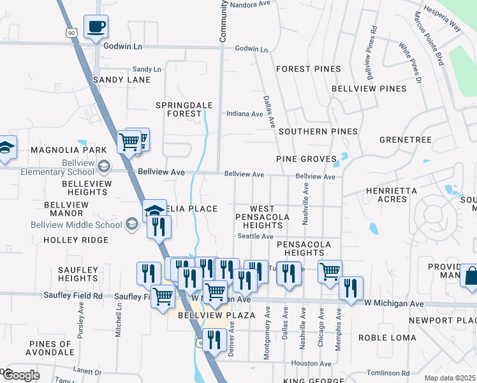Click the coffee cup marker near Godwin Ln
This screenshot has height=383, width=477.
[96, 27]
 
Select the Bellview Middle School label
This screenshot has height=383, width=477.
[77, 225]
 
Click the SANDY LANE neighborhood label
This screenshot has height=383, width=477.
[121, 80]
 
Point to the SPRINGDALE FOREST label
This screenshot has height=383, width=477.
[179, 109]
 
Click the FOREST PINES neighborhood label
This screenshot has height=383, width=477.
[308, 69]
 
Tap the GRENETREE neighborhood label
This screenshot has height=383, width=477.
[405, 140]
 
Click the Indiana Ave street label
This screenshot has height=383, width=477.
[246, 114]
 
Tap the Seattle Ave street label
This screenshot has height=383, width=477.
[255, 236]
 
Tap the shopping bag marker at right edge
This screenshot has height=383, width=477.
[469, 275]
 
